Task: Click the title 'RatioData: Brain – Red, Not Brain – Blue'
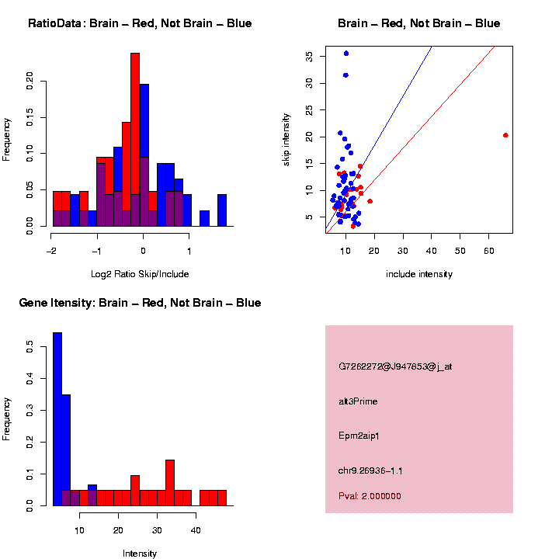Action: (x=140, y=23)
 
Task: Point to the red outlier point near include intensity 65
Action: (x=505, y=135)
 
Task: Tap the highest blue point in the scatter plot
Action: (x=346, y=54)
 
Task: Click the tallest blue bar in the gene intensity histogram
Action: (x=57, y=419)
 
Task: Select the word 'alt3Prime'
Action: (x=358, y=401)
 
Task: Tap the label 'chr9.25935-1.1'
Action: (x=370, y=470)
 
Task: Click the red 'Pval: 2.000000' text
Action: (x=370, y=496)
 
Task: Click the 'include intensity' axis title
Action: (x=418, y=274)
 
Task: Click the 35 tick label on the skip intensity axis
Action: (x=309, y=56)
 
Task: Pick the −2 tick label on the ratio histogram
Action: (x=51, y=252)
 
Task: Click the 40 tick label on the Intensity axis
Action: (x=196, y=530)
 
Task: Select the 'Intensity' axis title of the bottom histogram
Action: (x=139, y=554)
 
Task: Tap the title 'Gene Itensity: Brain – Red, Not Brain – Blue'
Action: (x=140, y=303)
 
